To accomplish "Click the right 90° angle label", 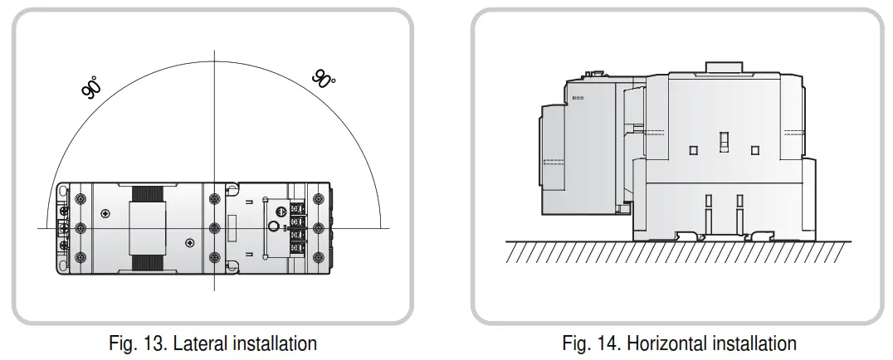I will [x=324, y=79].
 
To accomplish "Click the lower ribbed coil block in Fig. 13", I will [x=146, y=264].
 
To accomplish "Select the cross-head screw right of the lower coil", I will [x=190, y=242].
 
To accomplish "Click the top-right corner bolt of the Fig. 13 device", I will [x=318, y=198].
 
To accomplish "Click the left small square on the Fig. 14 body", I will [x=693, y=149].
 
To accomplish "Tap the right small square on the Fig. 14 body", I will [x=754, y=149].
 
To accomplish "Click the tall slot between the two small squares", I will [x=724, y=142].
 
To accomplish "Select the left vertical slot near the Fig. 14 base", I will [x=709, y=207].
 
